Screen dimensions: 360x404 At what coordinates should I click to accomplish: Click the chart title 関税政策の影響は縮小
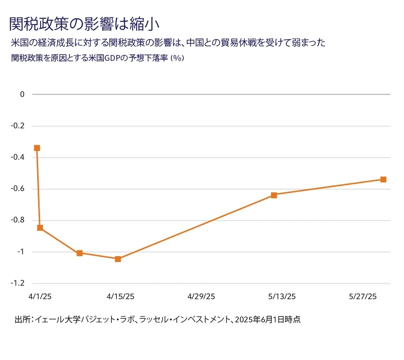pyautogui.click(x=84, y=23)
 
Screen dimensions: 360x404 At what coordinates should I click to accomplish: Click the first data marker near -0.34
pyautogui.click(x=37, y=148)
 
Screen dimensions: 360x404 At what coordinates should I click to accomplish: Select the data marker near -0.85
pyautogui.click(x=40, y=228)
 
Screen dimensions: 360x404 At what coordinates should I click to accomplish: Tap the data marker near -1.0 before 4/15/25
pyautogui.click(x=80, y=253)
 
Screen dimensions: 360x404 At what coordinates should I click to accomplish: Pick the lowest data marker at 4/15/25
pyautogui.click(x=118, y=259)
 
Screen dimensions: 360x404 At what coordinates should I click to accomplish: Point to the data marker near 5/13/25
pyautogui.click(x=274, y=195)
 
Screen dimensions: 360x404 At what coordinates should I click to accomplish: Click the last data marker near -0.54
pyautogui.click(x=383, y=180)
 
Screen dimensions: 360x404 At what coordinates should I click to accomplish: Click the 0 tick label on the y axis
pyautogui.click(x=22, y=95)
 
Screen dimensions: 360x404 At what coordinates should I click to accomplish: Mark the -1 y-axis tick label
pyautogui.click(x=20, y=252)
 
